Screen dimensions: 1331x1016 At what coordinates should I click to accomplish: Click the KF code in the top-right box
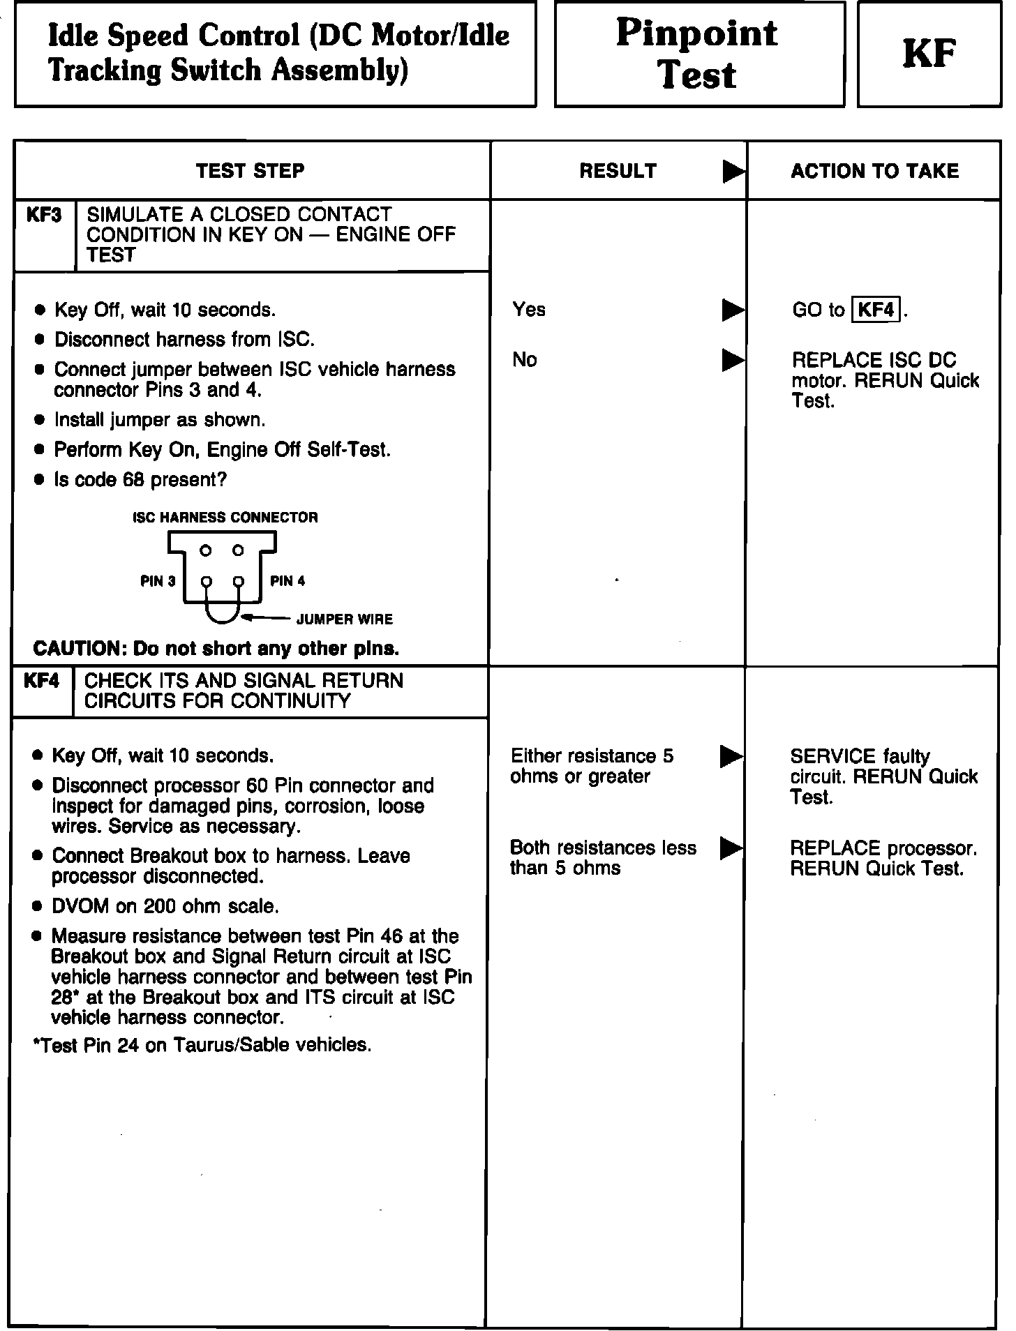pos(929,54)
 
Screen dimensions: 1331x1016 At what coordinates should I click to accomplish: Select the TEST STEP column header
pos(251,171)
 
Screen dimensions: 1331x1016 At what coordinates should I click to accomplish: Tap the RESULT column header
pos(618,171)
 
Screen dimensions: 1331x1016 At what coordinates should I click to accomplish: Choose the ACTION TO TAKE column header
pos(874,171)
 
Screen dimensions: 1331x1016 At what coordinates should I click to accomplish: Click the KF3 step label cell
pos(44,215)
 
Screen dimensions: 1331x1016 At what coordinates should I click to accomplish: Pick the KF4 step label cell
pos(42,681)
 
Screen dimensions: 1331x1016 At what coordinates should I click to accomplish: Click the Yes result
pos(529,309)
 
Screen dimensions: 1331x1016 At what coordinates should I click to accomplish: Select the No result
pos(525,360)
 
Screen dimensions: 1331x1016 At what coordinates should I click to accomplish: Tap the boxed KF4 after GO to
pos(876,309)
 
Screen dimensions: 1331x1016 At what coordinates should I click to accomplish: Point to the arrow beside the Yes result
pos(733,310)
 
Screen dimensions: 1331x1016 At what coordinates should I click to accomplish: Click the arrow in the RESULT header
pos(733,171)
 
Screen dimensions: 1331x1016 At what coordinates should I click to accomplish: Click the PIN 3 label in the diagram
pos(158,581)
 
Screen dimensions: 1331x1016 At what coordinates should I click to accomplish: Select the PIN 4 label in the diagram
pos(287,581)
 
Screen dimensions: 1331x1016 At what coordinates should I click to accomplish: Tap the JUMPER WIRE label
pos(345,619)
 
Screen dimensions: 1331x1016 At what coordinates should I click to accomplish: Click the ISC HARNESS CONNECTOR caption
pos(225,518)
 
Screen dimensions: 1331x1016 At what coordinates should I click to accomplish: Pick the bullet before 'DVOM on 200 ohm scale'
pos(38,907)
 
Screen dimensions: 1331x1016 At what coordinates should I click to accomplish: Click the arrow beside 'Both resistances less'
pos(731,848)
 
